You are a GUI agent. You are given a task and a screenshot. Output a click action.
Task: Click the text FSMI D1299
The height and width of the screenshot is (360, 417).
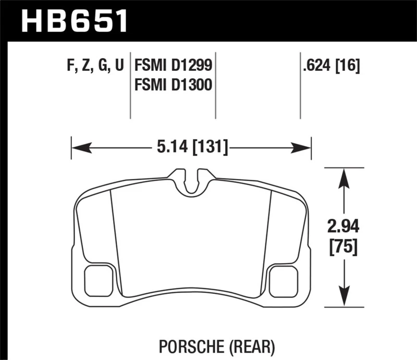tap(174, 67)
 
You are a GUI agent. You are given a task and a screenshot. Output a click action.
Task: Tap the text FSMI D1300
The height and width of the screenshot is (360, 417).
tap(174, 84)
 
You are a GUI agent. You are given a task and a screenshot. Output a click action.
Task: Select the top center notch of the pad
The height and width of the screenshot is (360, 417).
tap(192, 180)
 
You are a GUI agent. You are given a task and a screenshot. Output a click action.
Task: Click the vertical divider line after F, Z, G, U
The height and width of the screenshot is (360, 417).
tap(130, 86)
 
